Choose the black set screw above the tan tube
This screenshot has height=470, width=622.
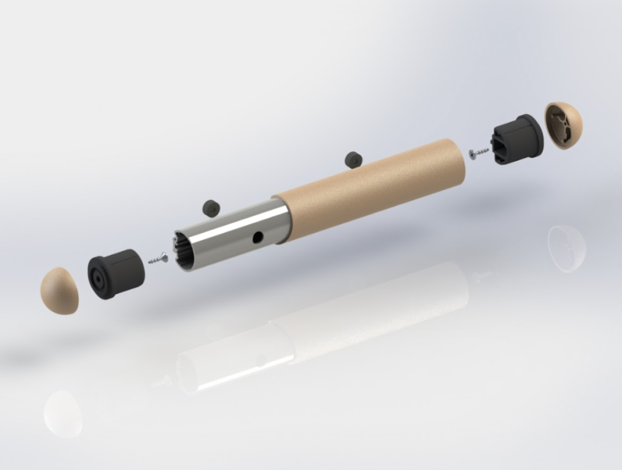tap(352, 159)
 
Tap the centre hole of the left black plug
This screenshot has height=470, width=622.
tap(99, 276)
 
